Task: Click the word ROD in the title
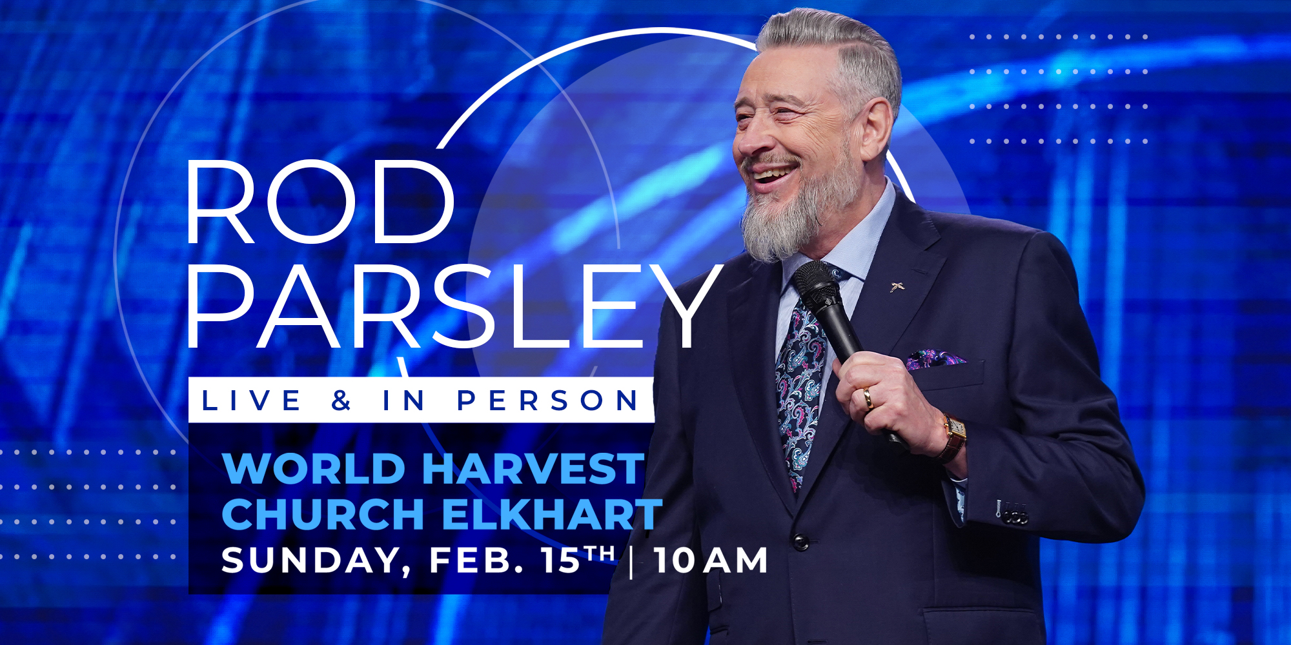pyautogui.click(x=321, y=202)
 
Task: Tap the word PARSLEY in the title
pyautogui.click(x=454, y=306)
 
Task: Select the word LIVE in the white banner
pyautogui.click(x=251, y=401)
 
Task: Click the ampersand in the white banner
pyautogui.click(x=341, y=401)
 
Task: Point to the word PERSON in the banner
pyautogui.click(x=547, y=401)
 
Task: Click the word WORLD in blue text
pyautogui.click(x=314, y=468)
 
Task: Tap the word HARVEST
pyautogui.click(x=534, y=468)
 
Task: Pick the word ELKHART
pyautogui.click(x=552, y=514)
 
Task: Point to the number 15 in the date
pyautogui.click(x=561, y=560)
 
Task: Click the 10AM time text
pyautogui.click(x=711, y=560)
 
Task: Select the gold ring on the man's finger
pyautogui.click(x=869, y=398)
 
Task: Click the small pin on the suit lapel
pyautogui.click(x=897, y=286)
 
